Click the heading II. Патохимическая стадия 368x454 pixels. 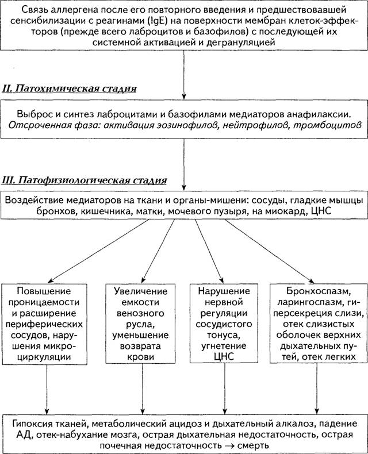70,89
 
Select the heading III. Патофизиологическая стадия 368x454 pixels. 85,180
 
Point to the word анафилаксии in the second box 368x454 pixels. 319,114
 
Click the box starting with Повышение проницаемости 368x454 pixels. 44,324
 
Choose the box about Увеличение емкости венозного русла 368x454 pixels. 140,324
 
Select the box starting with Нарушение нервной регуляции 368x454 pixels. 224,323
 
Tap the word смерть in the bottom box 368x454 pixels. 253,445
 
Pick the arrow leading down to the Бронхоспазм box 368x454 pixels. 270,251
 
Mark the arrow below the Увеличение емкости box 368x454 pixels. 142,389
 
